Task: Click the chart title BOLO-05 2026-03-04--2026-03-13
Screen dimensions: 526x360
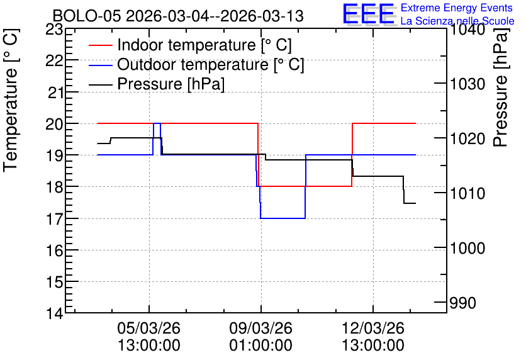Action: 178,16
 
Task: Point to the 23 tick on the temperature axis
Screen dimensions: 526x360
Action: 54,30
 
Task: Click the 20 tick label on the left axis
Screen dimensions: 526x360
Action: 54,124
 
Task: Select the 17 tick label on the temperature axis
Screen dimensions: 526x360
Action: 54,219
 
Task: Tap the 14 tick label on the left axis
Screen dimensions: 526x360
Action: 54,313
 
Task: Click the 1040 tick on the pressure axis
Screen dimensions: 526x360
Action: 467,30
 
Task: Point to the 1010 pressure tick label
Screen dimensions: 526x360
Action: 467,193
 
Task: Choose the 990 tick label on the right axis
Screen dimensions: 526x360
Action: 462,303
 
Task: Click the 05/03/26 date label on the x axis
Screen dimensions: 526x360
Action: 149,328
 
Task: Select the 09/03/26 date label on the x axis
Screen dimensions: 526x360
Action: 261,328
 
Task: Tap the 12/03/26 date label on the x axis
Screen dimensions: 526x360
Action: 373,328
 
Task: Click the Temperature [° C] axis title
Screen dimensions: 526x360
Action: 11,100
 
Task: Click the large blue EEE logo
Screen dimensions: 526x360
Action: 369,14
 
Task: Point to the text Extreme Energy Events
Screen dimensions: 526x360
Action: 457,8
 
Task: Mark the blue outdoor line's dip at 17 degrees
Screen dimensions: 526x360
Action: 283,218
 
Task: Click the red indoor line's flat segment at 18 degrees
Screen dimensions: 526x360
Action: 306,186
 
